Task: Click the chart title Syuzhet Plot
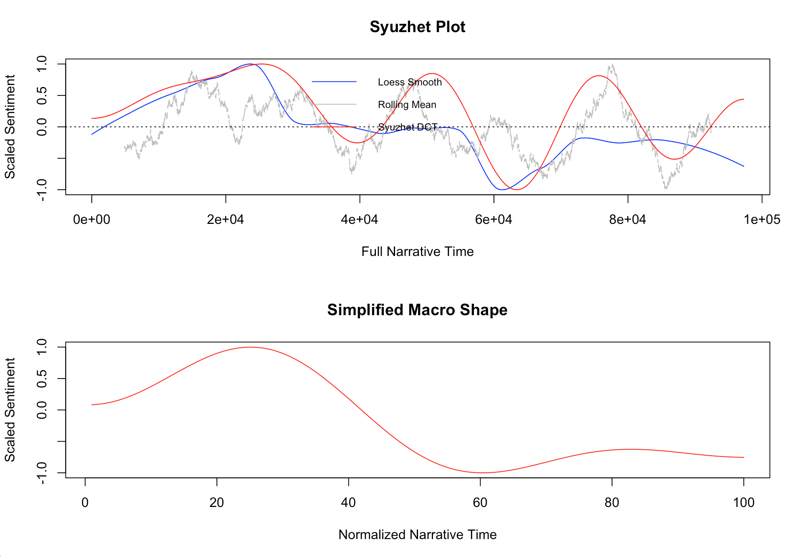pos(417,27)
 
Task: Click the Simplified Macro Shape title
pos(417,310)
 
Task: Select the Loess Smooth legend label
pos(410,82)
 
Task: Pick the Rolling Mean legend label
pos(407,105)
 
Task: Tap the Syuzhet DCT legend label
pos(408,127)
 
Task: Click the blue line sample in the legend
pos(334,82)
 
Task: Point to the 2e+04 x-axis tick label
pos(225,219)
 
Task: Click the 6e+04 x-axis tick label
pos(494,219)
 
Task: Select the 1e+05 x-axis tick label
pos(762,219)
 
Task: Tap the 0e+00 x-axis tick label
pos(91,219)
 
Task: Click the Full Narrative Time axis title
pos(417,251)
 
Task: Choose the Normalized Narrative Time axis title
pos(417,534)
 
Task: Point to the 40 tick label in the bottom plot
pos(348,502)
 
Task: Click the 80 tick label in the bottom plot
pos(612,502)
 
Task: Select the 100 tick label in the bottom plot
pos(743,502)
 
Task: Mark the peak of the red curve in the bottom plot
pos(250,347)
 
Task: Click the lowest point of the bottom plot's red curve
pos(482,473)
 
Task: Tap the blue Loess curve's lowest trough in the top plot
pos(501,190)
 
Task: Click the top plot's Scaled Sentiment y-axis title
pos(10,127)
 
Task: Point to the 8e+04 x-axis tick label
pos(627,219)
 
